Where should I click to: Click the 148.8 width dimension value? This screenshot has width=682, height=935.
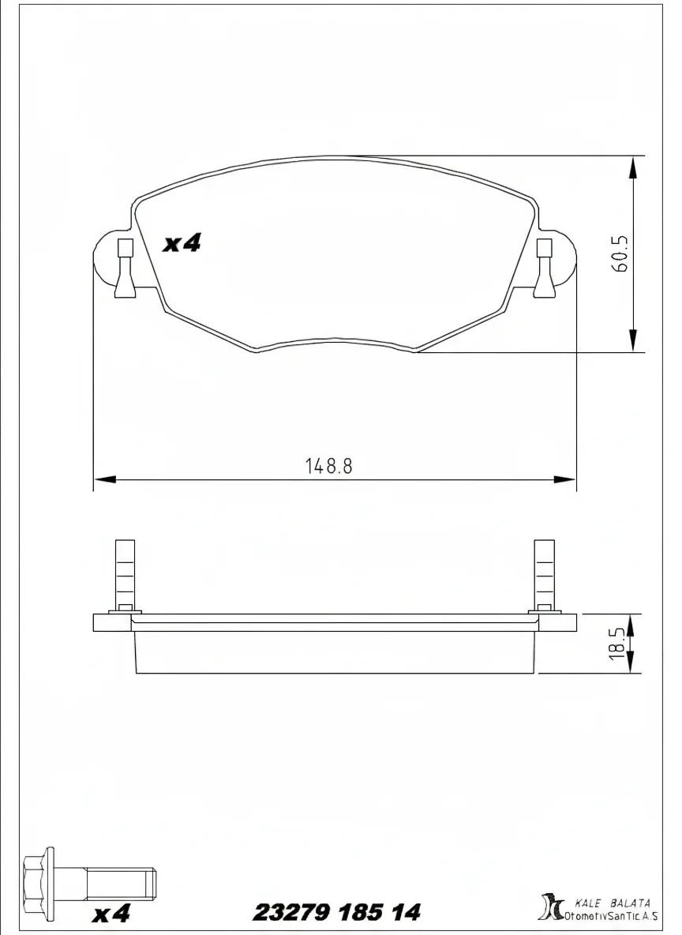coord(328,465)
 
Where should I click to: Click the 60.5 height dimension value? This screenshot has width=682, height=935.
coord(620,253)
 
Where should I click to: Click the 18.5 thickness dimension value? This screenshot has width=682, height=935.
coord(620,644)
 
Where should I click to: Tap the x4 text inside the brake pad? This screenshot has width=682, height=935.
coord(182,244)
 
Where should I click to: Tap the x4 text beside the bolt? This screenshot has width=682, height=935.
coord(111,914)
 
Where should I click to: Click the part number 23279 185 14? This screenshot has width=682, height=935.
coord(336,913)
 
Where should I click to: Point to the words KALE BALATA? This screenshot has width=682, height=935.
coord(613,903)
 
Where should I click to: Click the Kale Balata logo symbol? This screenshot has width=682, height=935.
coord(548,907)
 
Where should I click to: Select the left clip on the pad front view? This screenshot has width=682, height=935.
coord(125,268)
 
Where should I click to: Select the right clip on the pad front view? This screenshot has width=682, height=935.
coord(544,268)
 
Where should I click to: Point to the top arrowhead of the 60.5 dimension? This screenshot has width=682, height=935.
coord(632,167)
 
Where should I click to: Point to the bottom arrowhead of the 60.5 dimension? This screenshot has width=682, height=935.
coord(632,341)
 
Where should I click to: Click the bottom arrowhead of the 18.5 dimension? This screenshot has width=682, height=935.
coord(632,665)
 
